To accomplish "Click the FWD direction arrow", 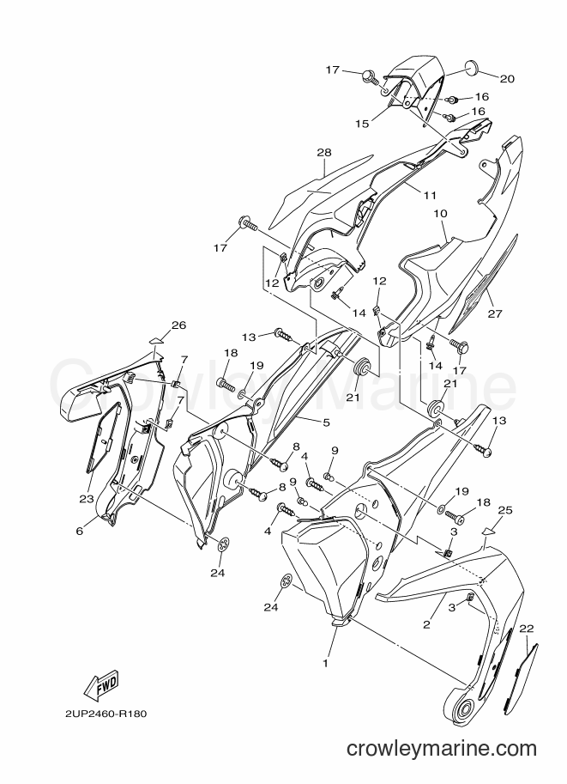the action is (x=101, y=684).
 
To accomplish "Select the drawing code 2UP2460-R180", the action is (x=106, y=714).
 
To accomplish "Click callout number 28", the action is (x=323, y=153).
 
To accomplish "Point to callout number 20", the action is (x=507, y=78).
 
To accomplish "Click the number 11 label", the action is (x=430, y=195).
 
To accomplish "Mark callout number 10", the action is (x=440, y=214).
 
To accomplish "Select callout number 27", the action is (x=495, y=314).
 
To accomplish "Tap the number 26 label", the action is (x=178, y=325).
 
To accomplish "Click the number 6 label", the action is (x=80, y=531).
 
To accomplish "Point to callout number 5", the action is (x=326, y=423).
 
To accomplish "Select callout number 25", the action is (x=505, y=510).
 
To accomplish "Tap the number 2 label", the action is (x=426, y=624).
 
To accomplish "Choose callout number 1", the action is (x=325, y=664).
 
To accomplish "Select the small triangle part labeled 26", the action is (x=156, y=341).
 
